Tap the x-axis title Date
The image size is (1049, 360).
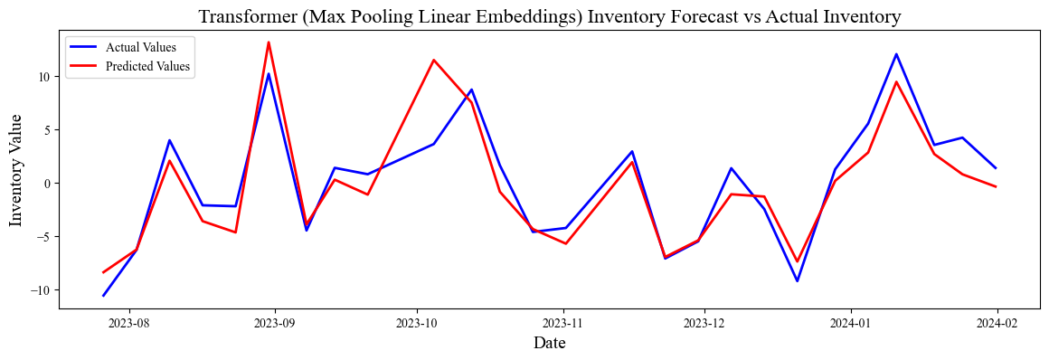pos(550,343)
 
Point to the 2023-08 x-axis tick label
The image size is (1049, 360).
pos(129,322)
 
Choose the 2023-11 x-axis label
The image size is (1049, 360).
pos(564,322)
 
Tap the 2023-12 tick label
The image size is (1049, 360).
pos(704,322)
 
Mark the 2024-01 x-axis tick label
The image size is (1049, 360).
pos(851,322)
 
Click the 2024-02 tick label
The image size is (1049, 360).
pos(996,322)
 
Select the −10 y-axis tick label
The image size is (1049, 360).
pos(42,290)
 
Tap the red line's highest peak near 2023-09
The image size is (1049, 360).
pos(269,43)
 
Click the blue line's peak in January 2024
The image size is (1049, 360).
pos(896,54)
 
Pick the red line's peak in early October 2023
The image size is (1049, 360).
pos(434,61)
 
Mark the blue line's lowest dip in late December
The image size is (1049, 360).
pos(797,280)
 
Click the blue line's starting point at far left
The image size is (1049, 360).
pos(103,296)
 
